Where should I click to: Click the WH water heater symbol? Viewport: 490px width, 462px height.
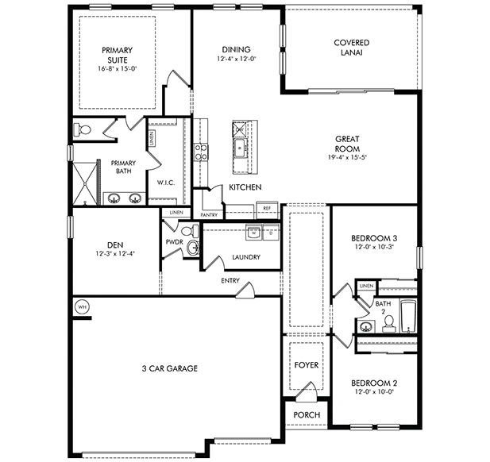click(81, 306)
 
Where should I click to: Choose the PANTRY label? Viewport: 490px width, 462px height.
click(210, 214)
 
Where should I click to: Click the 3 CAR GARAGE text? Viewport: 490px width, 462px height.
click(170, 368)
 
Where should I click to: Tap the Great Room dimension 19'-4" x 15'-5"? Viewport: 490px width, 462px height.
click(348, 157)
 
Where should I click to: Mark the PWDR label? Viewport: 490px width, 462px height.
click(175, 241)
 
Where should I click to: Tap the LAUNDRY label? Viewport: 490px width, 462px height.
click(246, 257)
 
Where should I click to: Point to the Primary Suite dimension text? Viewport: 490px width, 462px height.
click(117, 69)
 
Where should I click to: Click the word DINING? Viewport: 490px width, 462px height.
click(236, 48)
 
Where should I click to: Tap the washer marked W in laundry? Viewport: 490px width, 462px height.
click(252, 233)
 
